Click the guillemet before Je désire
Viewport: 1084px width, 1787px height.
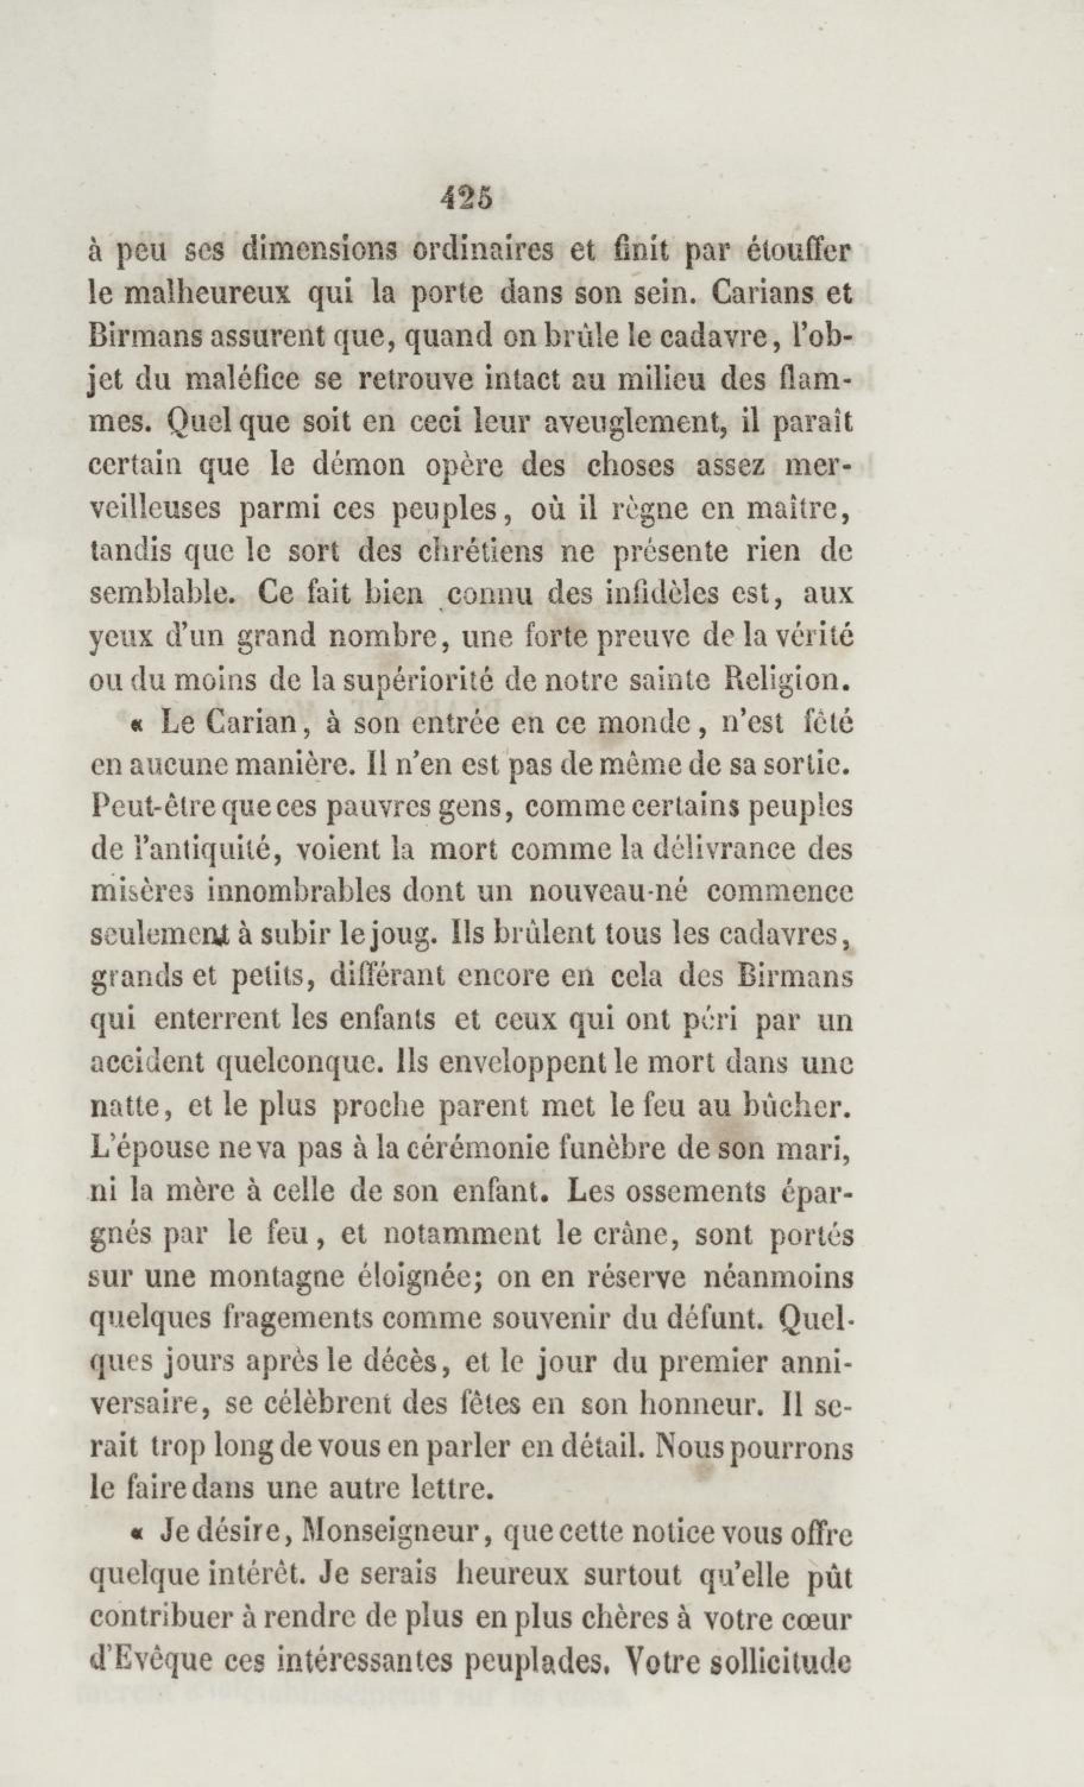pos(135,1535)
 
